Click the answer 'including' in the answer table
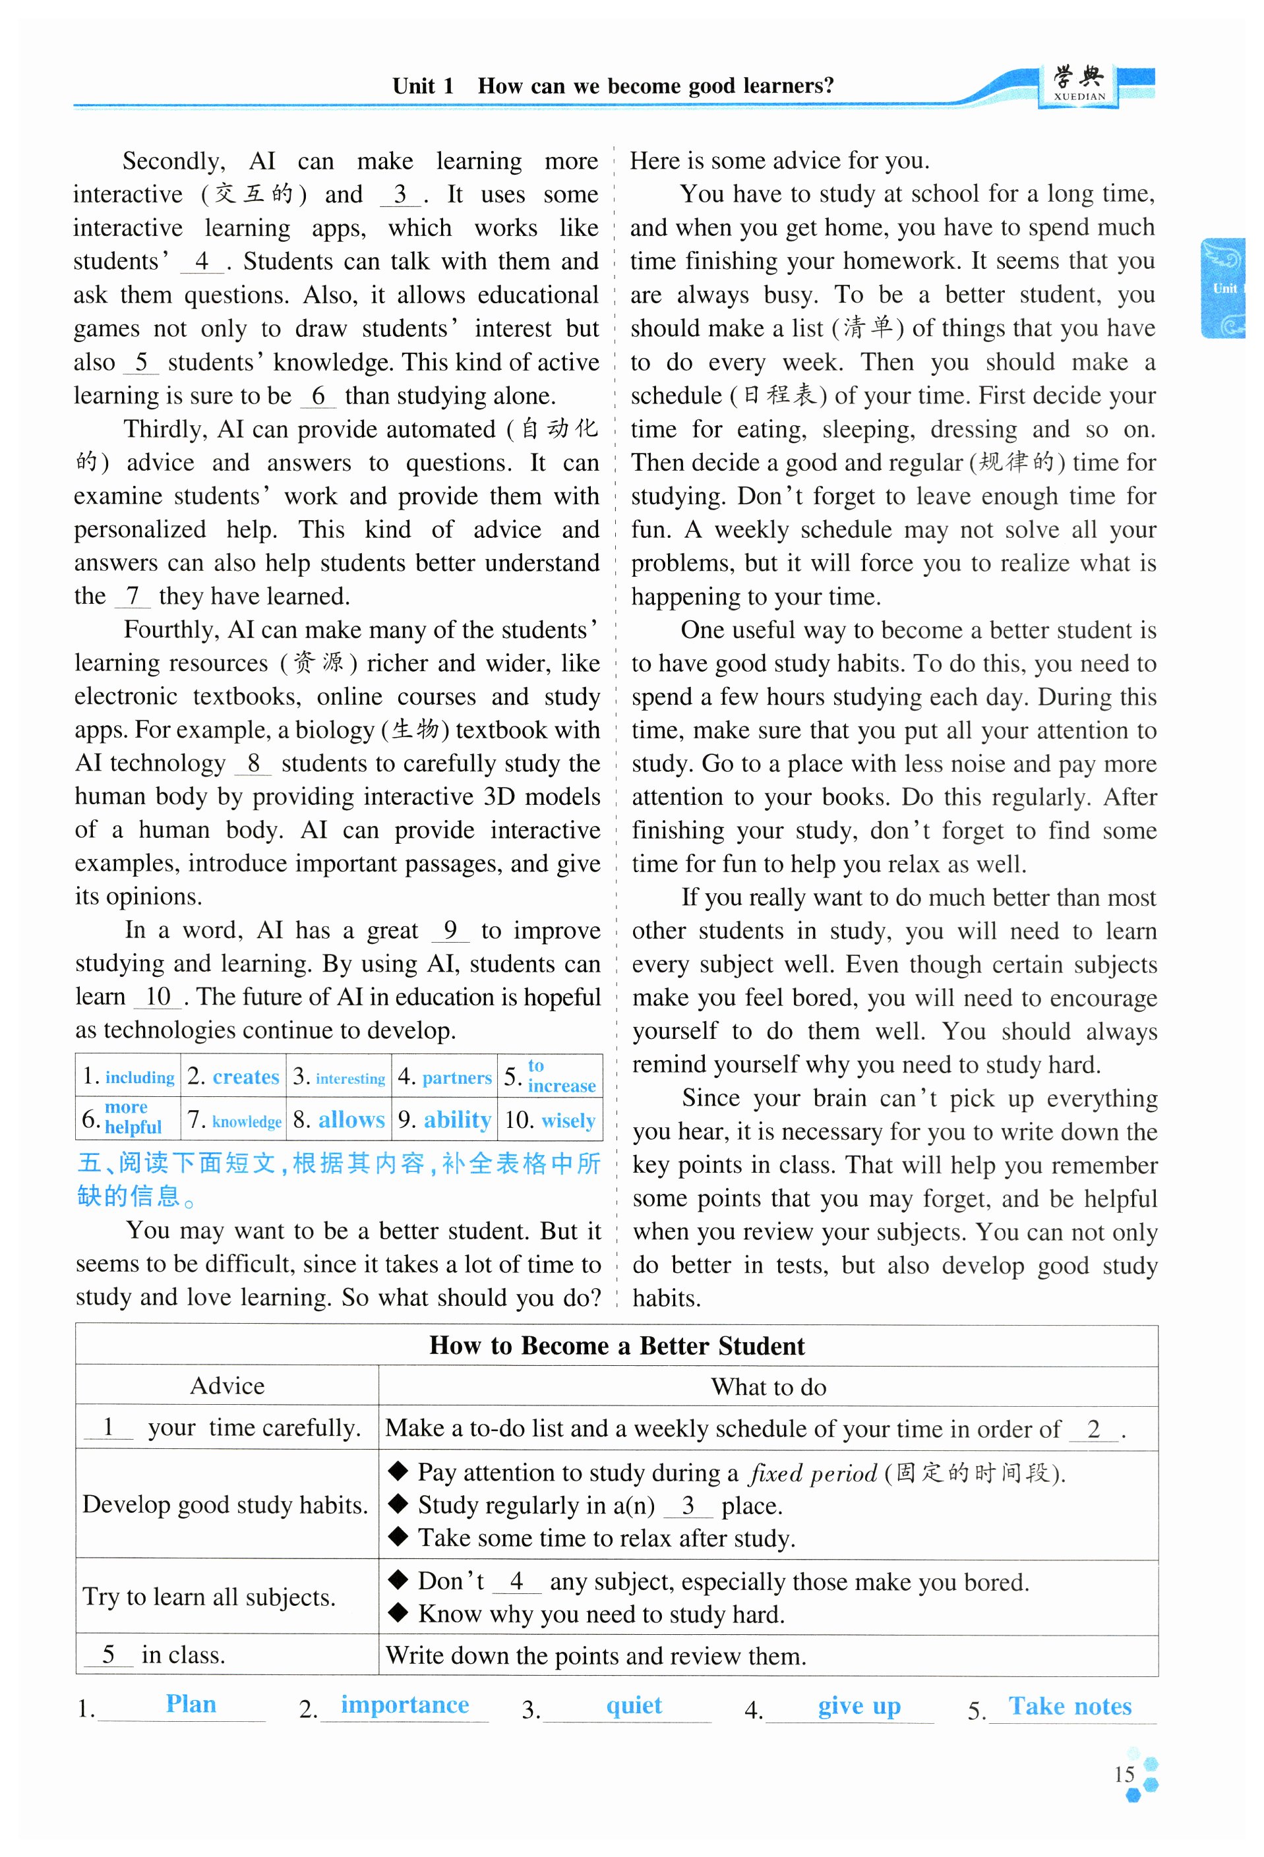[140, 1077]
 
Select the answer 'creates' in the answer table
[245, 1076]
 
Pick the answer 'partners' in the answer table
[456, 1077]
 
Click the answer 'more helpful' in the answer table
[132, 1117]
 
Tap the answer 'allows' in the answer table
[351, 1119]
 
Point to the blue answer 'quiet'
[634, 1705]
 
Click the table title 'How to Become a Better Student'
[616, 1345]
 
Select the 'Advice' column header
[227, 1386]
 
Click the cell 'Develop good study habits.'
[226, 1504]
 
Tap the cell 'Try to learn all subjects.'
[208, 1597]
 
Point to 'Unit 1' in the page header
[423, 86]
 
